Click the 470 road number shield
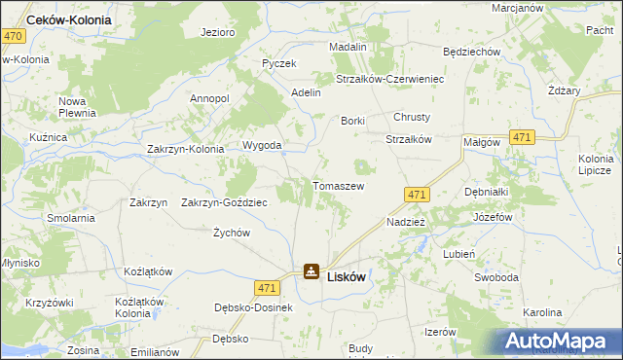point(13,35)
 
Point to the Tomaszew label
point(338,185)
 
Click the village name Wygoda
point(262,146)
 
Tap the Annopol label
point(209,98)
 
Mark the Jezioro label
point(218,32)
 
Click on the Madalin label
point(348,47)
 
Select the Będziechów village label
point(471,52)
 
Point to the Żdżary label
point(564,90)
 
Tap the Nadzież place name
point(405,222)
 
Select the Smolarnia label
point(69,218)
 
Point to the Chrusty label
point(412,117)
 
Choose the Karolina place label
point(542,313)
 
